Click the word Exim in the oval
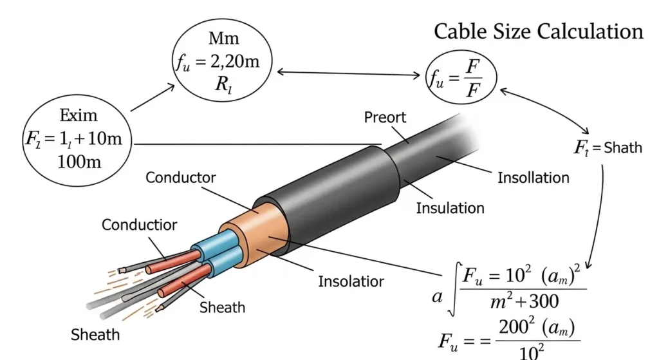coord(79,116)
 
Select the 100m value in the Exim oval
coord(79,161)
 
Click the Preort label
coord(385,117)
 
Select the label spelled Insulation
coord(450,208)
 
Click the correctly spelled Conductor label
coord(181,177)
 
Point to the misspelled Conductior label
coord(139,225)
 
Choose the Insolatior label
coord(351,281)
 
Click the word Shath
coord(622,147)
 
